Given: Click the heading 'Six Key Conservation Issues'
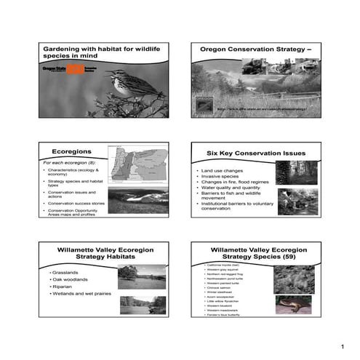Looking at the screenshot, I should point(256,153).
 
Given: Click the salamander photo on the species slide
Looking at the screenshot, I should point(293,304).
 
